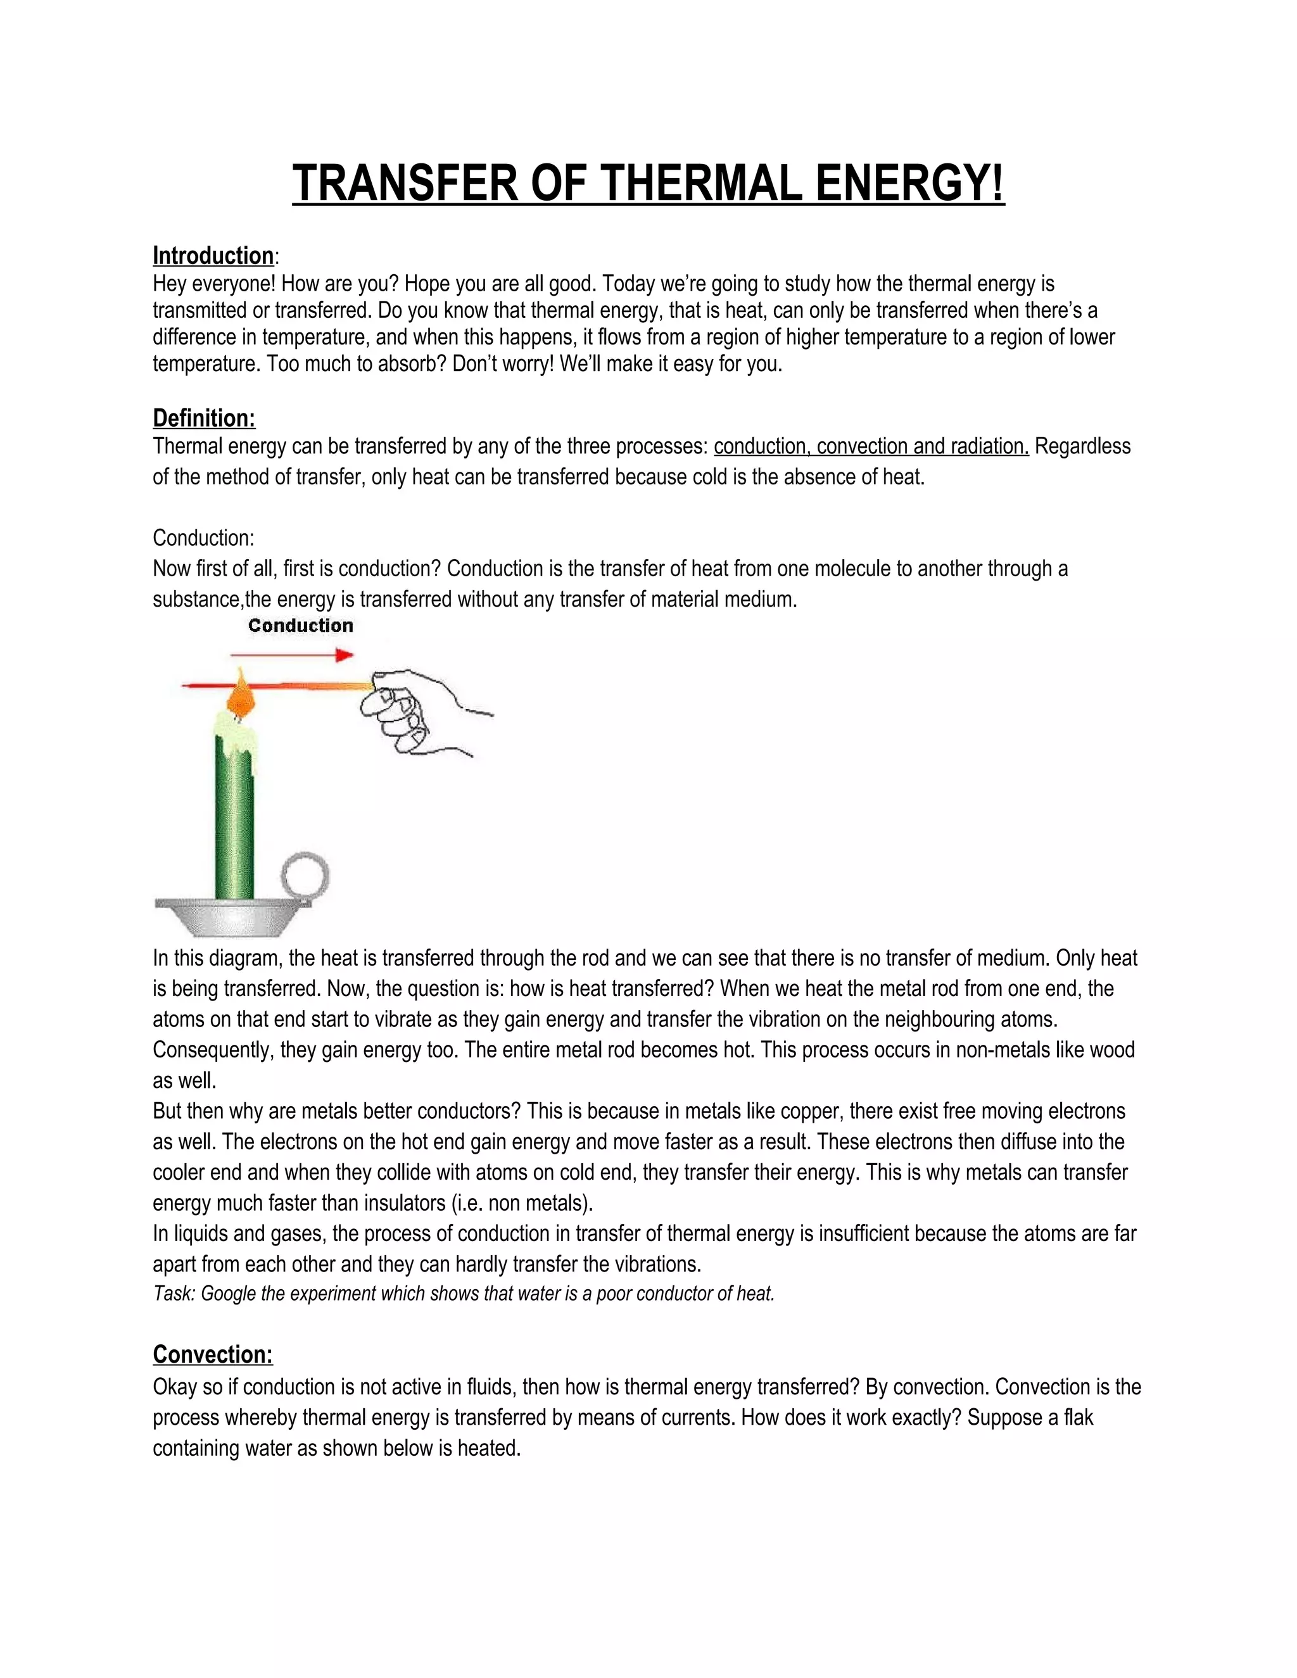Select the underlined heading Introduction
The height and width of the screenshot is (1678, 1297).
click(x=213, y=256)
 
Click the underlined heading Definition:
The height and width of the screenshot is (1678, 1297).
click(x=204, y=418)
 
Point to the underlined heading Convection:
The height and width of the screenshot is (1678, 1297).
click(x=213, y=1354)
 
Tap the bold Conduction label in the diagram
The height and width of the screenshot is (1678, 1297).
click(x=300, y=626)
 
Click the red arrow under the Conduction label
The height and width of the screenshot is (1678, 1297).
click(x=292, y=655)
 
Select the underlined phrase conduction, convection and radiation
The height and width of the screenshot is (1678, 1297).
click(x=871, y=446)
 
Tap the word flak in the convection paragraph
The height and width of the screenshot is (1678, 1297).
click(x=1078, y=1418)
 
